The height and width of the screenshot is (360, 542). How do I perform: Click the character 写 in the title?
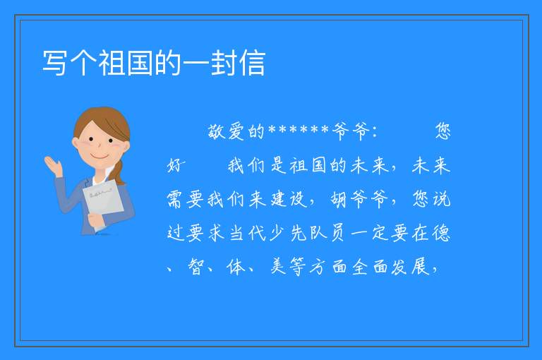[55, 63]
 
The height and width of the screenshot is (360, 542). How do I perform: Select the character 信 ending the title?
[253, 63]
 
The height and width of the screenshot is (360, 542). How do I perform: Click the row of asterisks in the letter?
[299, 131]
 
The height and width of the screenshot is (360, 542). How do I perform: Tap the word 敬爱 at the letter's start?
[227, 131]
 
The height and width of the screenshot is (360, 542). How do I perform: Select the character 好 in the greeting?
[176, 165]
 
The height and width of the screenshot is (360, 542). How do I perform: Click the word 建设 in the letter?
[289, 199]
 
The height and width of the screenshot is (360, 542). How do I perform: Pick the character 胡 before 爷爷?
[339, 199]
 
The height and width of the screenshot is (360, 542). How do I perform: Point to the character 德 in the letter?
[441, 233]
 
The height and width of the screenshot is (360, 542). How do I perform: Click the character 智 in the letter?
[196, 266]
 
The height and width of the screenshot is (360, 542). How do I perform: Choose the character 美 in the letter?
[279, 266]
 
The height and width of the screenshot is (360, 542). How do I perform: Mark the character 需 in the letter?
[176, 199]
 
